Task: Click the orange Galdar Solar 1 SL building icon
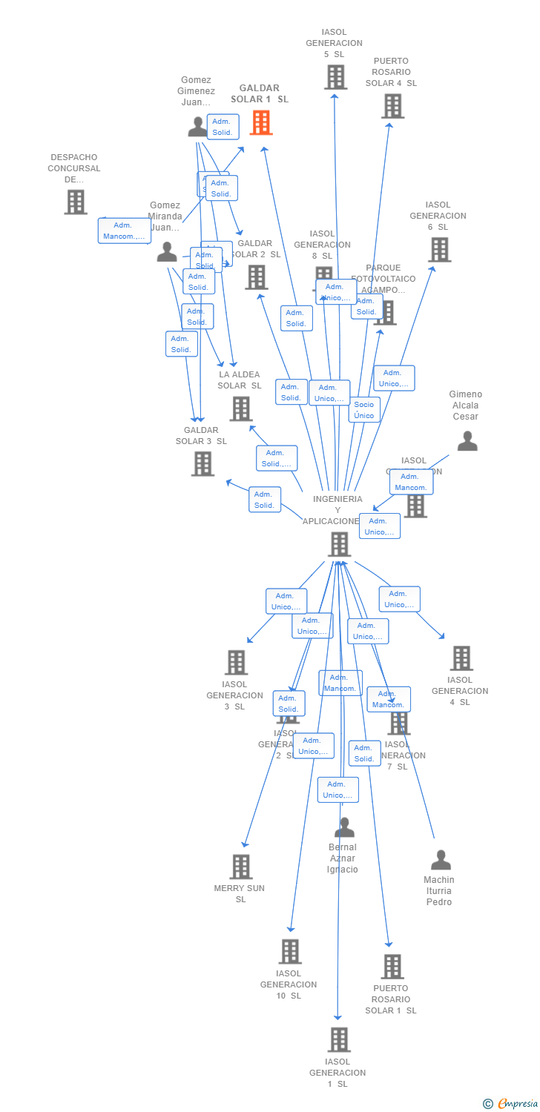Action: click(261, 122)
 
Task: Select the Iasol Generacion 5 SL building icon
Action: click(335, 76)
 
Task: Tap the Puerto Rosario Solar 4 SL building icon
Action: click(392, 106)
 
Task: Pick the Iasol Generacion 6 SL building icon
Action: click(440, 250)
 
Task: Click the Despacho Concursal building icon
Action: click(75, 202)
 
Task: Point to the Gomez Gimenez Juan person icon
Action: click(197, 127)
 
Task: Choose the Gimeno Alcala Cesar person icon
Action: click(467, 441)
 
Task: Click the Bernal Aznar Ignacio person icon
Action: click(344, 827)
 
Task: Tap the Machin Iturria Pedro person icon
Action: click(441, 860)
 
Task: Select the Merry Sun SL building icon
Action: click(240, 867)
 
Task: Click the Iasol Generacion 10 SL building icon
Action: click(290, 951)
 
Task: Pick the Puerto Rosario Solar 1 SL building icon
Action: click(392, 966)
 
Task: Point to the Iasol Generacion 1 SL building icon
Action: click(338, 1039)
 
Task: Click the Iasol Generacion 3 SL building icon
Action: click(236, 662)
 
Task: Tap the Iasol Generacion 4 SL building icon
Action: click(461, 658)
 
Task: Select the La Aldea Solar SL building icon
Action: click(240, 408)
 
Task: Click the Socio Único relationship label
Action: click(364, 410)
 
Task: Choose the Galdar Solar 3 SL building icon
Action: click(202, 463)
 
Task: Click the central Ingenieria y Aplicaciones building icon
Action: click(339, 544)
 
